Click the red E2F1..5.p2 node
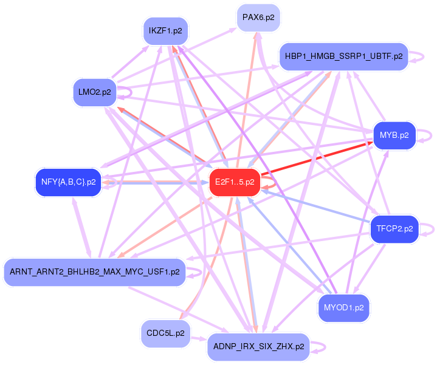[235, 182]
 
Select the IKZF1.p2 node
[165, 30]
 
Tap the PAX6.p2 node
[258, 18]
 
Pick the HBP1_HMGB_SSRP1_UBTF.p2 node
[343, 56]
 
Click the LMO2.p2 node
[94, 92]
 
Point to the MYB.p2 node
[394, 135]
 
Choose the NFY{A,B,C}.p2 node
[68, 182]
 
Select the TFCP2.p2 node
[394, 229]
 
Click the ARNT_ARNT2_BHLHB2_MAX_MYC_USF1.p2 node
[94, 271]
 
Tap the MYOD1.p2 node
[343, 308]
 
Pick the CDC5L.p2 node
[165, 333]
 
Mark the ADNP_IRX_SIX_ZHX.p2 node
[258, 347]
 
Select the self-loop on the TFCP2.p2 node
[430, 229]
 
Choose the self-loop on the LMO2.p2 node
[127, 92]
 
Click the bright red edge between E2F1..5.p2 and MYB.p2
[316, 160]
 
